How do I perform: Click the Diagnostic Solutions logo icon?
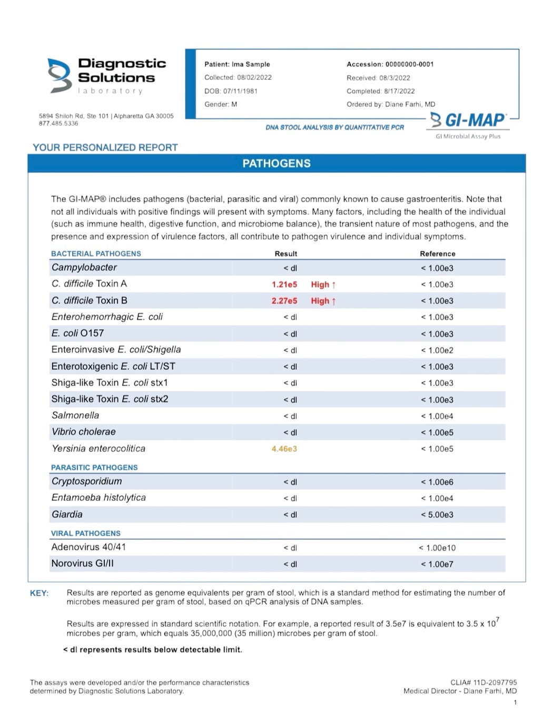coord(59,75)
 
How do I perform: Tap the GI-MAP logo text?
coord(468,121)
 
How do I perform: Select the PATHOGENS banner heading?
coord(277,163)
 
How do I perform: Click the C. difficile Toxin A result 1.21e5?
coord(284,284)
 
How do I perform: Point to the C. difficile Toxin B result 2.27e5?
coord(284,301)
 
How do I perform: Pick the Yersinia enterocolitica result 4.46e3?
coord(284,449)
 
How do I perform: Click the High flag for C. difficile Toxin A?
coord(323,284)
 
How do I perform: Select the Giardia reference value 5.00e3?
coord(437,515)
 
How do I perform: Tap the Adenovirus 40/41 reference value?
coord(437,548)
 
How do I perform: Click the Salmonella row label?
coord(75,416)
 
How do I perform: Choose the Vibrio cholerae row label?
coord(83,432)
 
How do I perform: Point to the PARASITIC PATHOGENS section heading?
coord(94,467)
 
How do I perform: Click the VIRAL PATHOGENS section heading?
coord(86,533)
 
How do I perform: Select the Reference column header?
coord(437,253)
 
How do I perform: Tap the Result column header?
coord(286,253)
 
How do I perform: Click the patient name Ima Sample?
coord(251,64)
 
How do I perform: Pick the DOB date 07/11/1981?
coord(240,91)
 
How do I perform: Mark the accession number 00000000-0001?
coord(409,64)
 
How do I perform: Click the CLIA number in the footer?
coord(484,682)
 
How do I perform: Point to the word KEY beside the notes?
coord(40,593)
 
